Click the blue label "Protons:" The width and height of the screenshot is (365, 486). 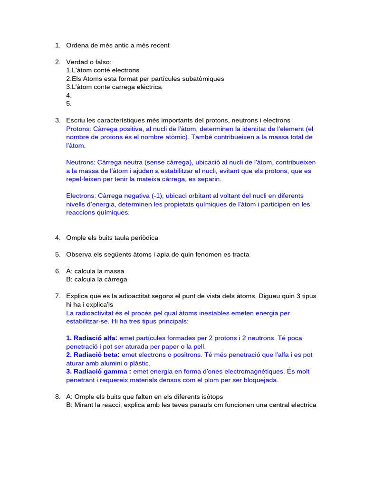coord(78,129)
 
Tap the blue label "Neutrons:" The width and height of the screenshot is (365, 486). coord(80,162)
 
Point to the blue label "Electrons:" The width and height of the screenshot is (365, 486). coord(81,196)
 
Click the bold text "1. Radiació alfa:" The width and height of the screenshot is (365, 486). coord(92,338)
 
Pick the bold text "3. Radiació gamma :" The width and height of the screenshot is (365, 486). coord(98,371)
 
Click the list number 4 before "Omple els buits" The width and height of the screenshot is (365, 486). coord(58,237)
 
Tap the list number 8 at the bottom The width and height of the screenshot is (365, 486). coord(58,396)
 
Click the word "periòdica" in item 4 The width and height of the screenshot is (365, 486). coord(144,237)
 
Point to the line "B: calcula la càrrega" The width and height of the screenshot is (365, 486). coord(96,280)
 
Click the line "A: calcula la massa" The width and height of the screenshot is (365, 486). coord(95,271)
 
